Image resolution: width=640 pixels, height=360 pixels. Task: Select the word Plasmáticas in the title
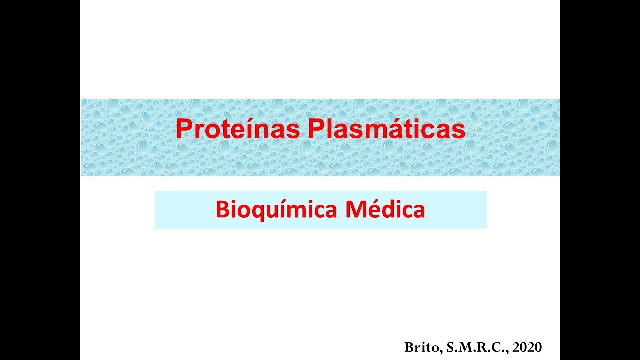(x=386, y=129)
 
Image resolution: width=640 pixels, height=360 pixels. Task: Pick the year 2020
(x=527, y=347)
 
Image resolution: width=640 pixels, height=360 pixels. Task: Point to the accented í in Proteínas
(x=248, y=129)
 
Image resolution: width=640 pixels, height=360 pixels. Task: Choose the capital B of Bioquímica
(x=222, y=210)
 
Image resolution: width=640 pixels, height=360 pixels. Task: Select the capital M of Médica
(x=355, y=210)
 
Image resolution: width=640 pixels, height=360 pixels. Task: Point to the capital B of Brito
(x=409, y=347)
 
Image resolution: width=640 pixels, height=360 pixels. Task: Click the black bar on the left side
(x=40, y=180)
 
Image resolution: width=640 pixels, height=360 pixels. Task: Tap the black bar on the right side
(x=600, y=180)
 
